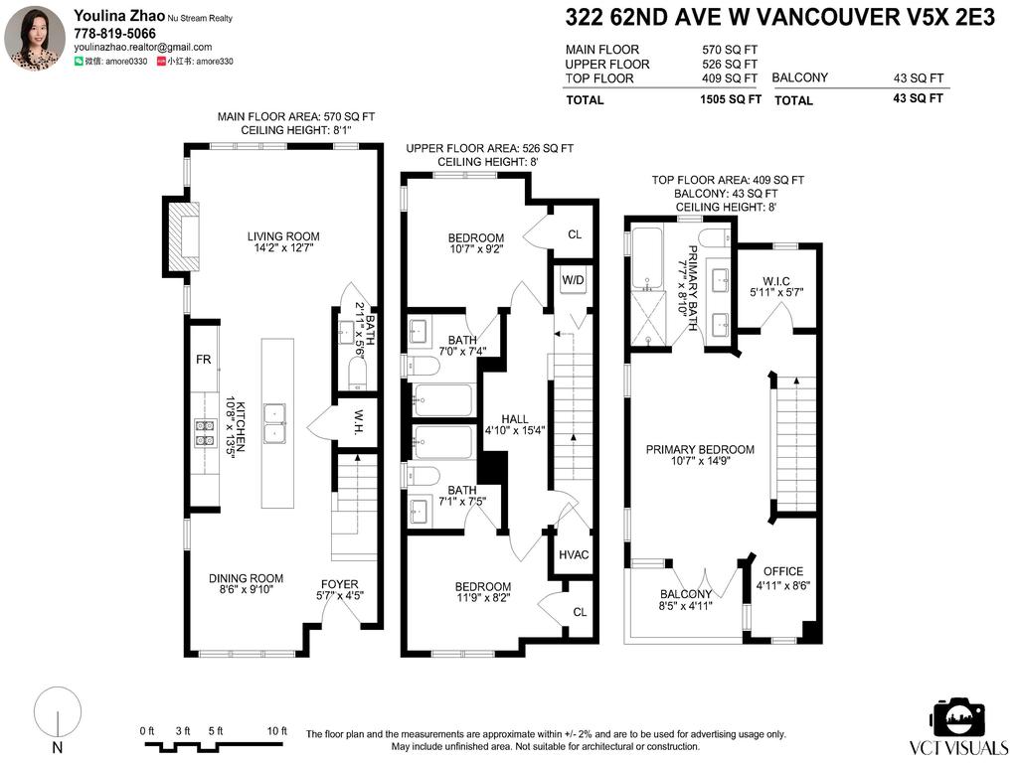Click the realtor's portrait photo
[35, 37]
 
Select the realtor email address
[143, 47]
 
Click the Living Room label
[283, 236]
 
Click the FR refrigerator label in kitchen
[201, 360]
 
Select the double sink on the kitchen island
[277, 423]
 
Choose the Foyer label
[339, 584]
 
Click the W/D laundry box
[574, 279]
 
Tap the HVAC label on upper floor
[574, 554]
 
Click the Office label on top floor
[782, 571]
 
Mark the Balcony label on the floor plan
[686, 594]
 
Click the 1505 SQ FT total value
[731, 99]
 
